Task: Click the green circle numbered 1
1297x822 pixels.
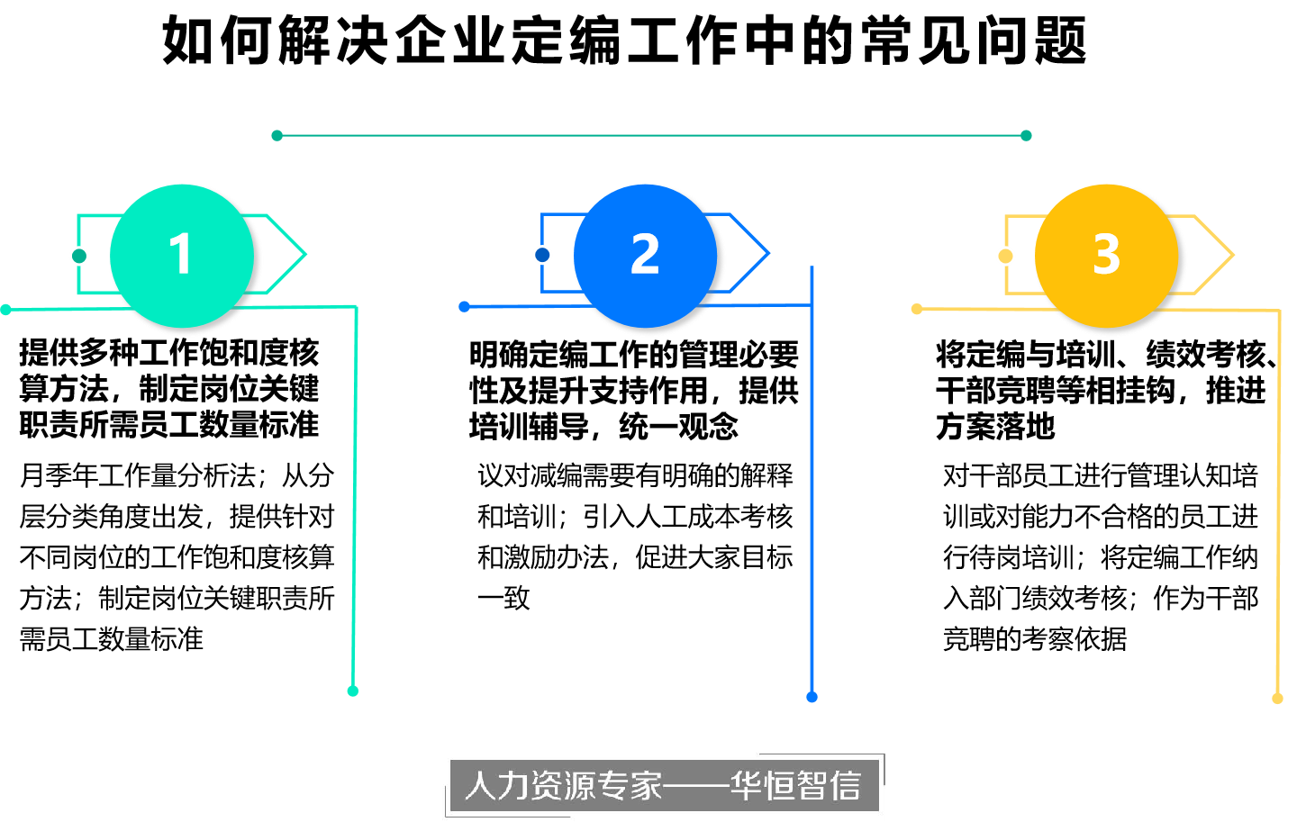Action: [x=182, y=256]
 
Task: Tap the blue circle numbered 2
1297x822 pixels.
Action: [x=645, y=256]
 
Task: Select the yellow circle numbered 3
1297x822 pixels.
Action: [x=1106, y=256]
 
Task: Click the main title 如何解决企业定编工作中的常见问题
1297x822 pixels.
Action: [x=625, y=41]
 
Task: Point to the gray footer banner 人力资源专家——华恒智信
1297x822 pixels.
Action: [x=665, y=785]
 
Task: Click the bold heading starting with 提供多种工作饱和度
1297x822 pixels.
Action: [x=169, y=388]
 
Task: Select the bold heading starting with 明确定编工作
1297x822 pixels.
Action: [x=634, y=390]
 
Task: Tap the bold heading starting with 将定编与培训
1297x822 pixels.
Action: [x=1106, y=390]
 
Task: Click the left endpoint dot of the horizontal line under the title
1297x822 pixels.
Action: [x=277, y=135]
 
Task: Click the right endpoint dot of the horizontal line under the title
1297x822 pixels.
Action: [x=1026, y=135]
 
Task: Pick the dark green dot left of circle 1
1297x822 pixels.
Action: [x=79, y=256]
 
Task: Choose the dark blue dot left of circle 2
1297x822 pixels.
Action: [x=542, y=255]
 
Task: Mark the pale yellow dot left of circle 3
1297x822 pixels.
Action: [x=1006, y=256]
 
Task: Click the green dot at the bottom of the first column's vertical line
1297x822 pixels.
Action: [x=353, y=691]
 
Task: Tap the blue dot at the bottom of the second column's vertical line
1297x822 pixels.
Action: [x=812, y=697]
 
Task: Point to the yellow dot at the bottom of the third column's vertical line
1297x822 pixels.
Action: [x=1277, y=699]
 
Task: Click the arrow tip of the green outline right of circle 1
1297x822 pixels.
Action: [x=305, y=254]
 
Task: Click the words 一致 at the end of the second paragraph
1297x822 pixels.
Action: [x=503, y=598]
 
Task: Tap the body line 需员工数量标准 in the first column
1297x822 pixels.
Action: [x=111, y=639]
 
